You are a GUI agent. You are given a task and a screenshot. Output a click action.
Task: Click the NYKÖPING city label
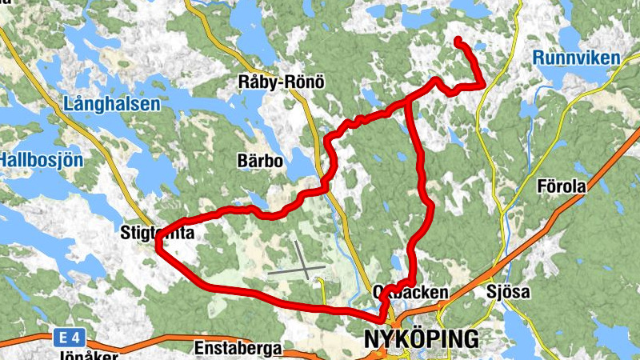click(x=421, y=338)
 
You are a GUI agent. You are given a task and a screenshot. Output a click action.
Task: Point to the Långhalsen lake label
click(x=112, y=104)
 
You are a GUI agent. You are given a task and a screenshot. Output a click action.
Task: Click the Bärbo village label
click(x=261, y=162)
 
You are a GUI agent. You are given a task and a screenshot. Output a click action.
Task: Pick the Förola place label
click(x=562, y=186)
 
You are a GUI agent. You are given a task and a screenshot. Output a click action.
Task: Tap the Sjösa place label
click(x=508, y=292)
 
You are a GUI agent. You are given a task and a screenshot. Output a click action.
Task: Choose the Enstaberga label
click(x=237, y=349)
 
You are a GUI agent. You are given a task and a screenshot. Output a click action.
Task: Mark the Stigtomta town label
click(x=157, y=233)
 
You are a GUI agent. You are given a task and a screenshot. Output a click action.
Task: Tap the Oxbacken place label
click(x=411, y=293)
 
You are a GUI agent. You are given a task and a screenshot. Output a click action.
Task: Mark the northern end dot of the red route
click(x=458, y=41)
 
